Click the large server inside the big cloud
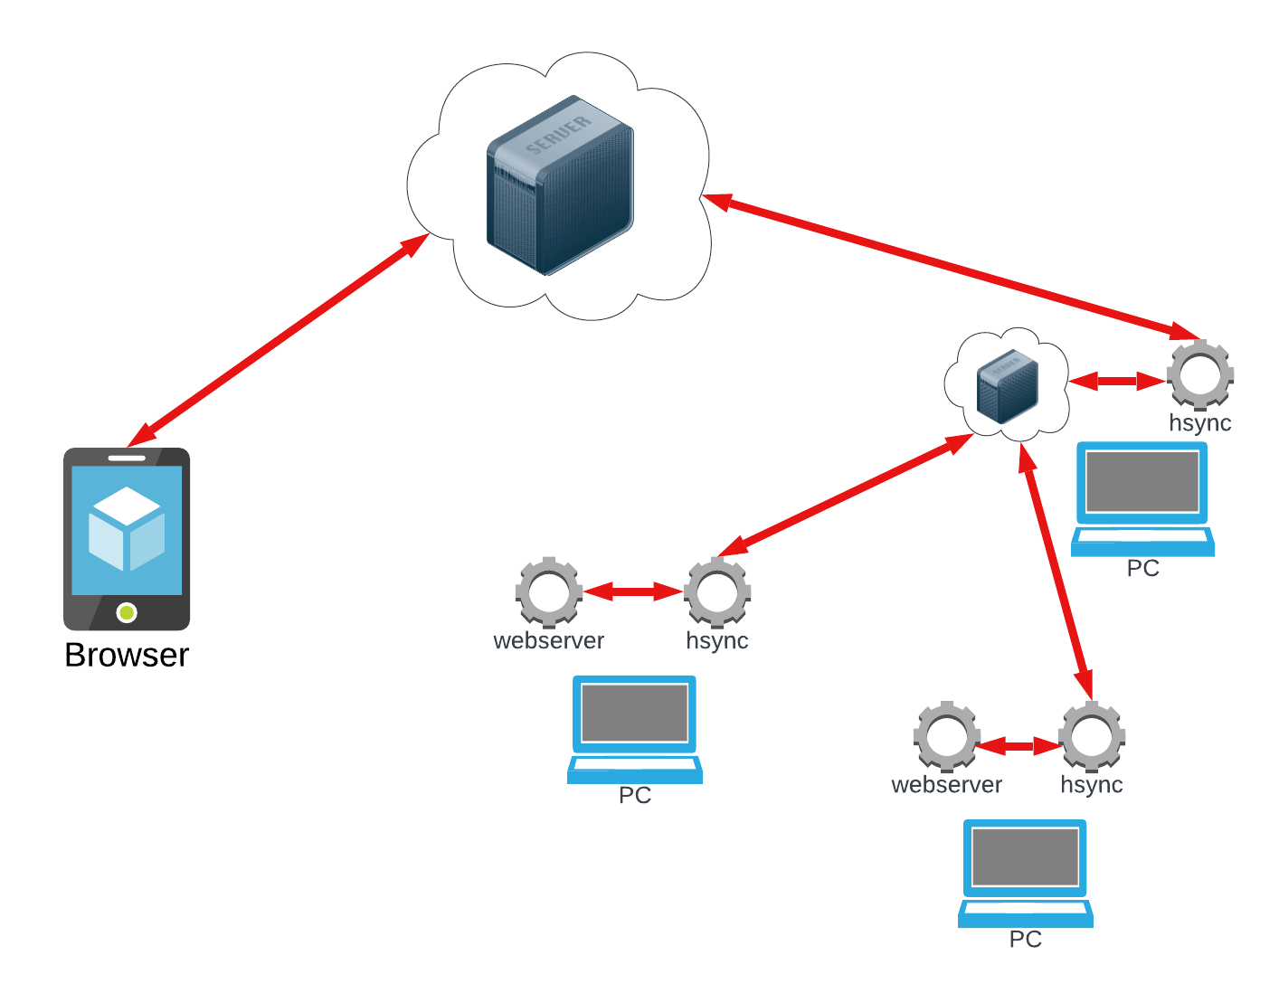560,185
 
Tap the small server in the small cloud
1008,386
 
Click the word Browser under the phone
127,655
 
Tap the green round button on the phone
128,613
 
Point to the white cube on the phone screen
127,529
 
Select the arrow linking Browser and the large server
279,341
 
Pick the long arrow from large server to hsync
950,263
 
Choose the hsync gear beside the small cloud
1200,374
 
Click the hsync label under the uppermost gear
1200,423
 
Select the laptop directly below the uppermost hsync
1142,497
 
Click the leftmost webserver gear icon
549,592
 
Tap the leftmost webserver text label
549,640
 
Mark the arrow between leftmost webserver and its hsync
633,592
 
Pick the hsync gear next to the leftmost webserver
717,592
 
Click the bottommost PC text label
1026,939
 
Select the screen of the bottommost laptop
1025,857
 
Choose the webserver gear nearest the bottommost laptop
947,736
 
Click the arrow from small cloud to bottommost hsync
1056,571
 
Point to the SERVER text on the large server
558,134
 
